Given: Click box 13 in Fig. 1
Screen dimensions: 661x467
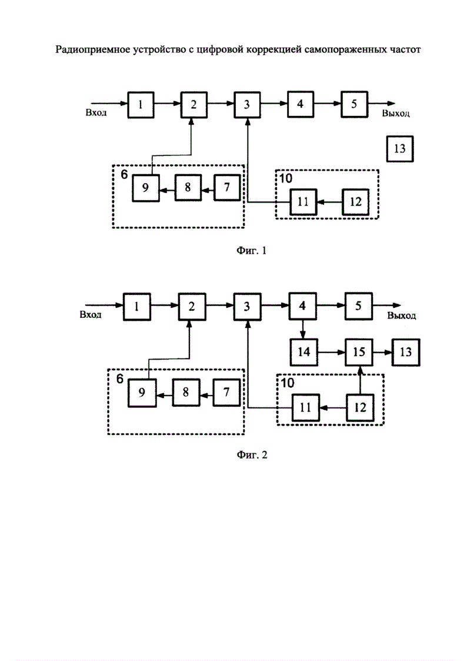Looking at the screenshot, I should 399,149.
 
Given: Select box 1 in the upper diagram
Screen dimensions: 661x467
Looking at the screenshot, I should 140,104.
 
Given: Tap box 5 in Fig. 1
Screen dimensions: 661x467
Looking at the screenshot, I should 353,104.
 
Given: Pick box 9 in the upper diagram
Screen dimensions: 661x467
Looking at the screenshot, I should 145,188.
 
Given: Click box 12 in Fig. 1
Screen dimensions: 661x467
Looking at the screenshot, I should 355,201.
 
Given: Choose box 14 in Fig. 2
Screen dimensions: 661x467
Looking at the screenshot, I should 303,352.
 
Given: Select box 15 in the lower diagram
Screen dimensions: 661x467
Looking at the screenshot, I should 358,352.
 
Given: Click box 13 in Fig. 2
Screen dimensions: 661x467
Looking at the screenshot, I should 406,352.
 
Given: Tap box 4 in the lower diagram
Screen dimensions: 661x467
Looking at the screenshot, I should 302,306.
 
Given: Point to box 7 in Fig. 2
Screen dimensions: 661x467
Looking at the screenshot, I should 226,393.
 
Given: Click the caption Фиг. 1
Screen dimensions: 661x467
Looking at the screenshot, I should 251,251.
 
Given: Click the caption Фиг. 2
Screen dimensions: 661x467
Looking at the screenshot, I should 251,455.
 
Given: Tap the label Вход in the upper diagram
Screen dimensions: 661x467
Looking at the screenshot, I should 96,112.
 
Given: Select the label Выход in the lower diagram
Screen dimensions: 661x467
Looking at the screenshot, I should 402,316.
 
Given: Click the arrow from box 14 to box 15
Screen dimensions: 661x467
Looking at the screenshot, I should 331,352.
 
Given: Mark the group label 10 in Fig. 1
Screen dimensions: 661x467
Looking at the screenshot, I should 285,177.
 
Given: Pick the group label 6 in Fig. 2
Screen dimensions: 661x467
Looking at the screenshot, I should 119,378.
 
